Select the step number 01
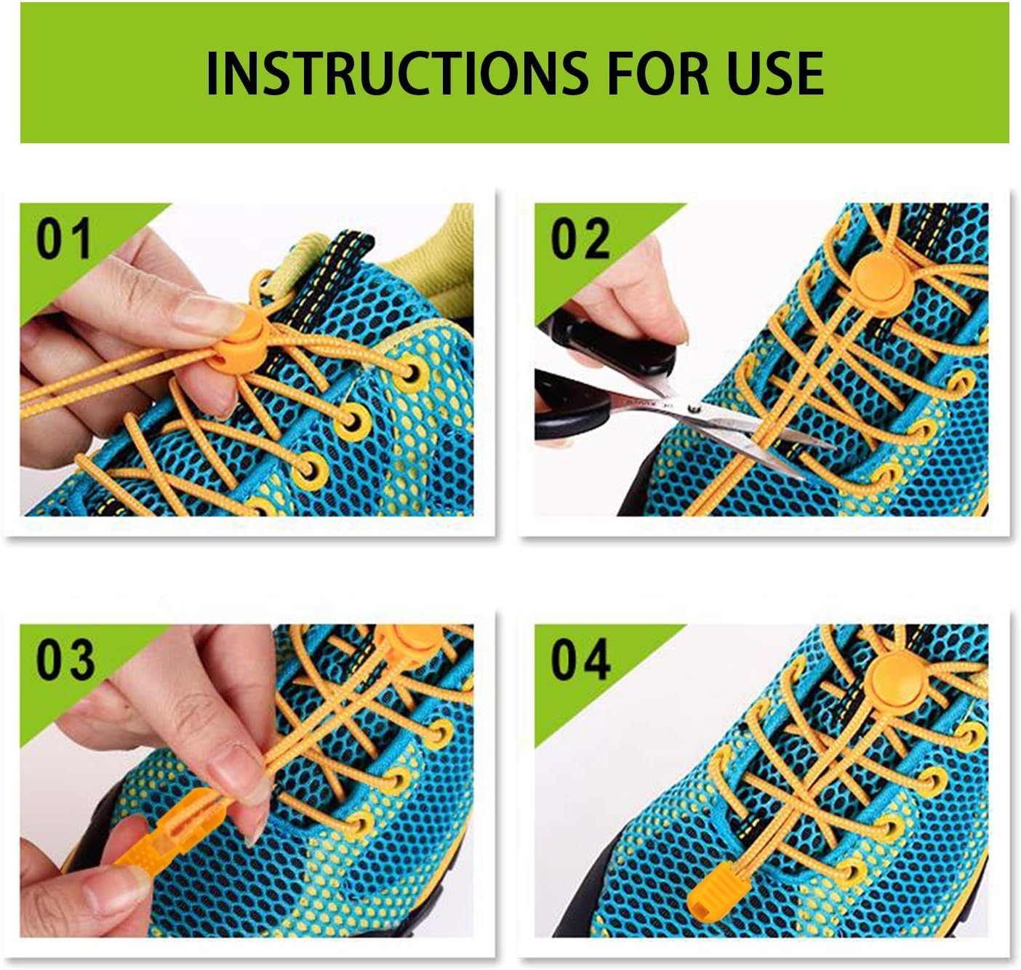coord(64,239)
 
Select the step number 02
coord(580,239)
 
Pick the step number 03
coord(64,659)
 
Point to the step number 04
coord(580,659)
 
